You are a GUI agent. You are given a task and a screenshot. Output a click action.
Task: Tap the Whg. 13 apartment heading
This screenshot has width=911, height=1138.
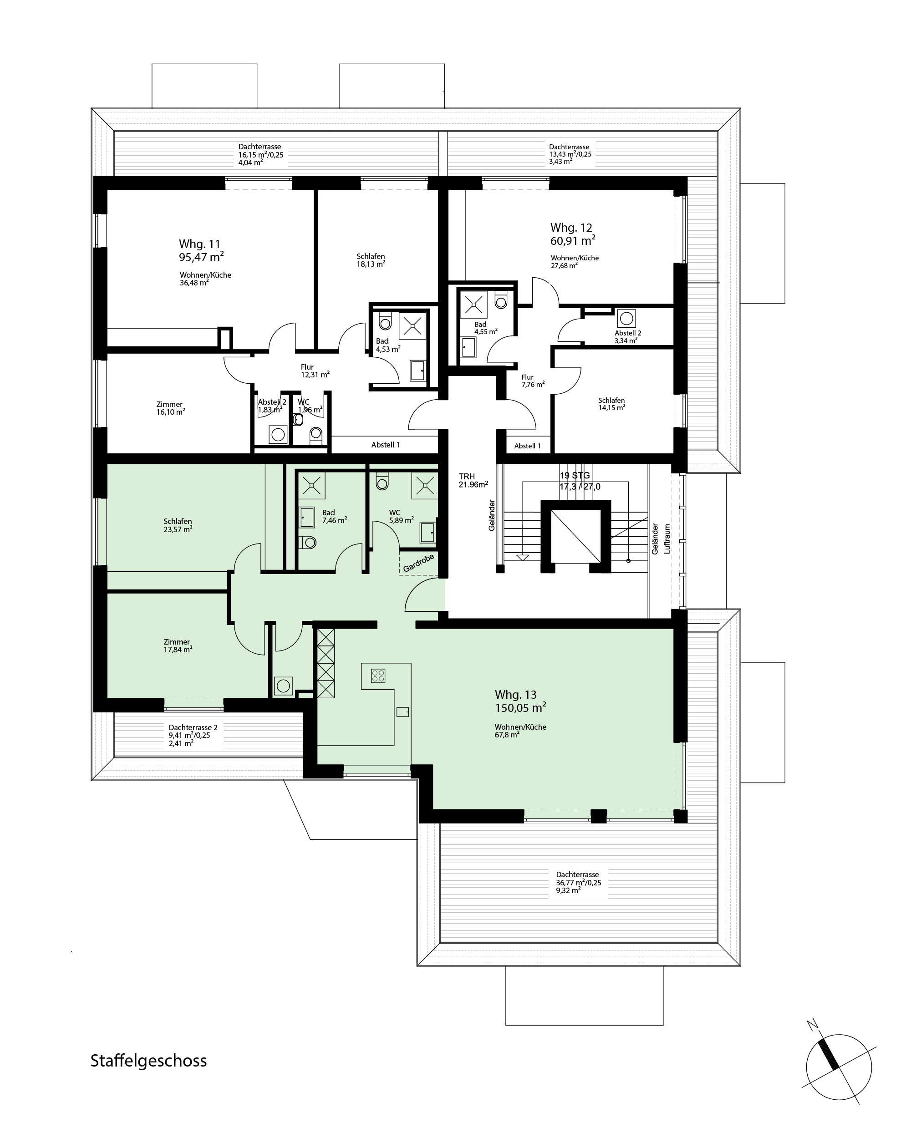click(x=515, y=695)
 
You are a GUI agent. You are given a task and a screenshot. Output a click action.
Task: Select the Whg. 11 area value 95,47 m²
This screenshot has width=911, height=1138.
click(x=201, y=257)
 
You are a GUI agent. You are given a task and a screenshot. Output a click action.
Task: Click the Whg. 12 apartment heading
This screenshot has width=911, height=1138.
click(x=571, y=228)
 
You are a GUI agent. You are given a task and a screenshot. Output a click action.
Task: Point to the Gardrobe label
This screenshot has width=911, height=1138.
click(x=418, y=563)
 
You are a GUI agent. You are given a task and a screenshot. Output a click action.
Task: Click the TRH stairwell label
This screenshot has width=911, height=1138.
click(x=467, y=477)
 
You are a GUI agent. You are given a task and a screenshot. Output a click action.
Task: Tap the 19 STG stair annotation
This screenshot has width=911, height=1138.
click(x=575, y=476)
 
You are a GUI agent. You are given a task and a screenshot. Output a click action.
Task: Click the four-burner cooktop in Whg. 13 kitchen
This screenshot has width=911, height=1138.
click(x=378, y=676)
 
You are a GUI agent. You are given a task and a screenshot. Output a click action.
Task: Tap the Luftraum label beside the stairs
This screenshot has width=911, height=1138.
click(x=667, y=539)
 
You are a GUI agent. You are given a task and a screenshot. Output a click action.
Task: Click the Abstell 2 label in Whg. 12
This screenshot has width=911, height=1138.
click(x=627, y=333)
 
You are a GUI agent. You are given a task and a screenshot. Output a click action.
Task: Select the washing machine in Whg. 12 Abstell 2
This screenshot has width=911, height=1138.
click(x=626, y=319)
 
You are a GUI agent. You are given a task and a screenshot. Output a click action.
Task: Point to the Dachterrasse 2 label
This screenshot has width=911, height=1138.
click(x=193, y=727)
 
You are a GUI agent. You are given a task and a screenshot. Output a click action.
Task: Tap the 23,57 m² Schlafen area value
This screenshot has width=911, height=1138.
click(x=178, y=529)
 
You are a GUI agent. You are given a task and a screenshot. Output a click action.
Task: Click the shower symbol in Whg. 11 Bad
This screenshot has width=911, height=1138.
click(x=412, y=325)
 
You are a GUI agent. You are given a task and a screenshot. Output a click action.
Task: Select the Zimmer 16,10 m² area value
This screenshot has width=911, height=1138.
click(x=170, y=412)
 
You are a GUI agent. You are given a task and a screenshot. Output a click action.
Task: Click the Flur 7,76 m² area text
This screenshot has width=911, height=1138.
click(x=533, y=384)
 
